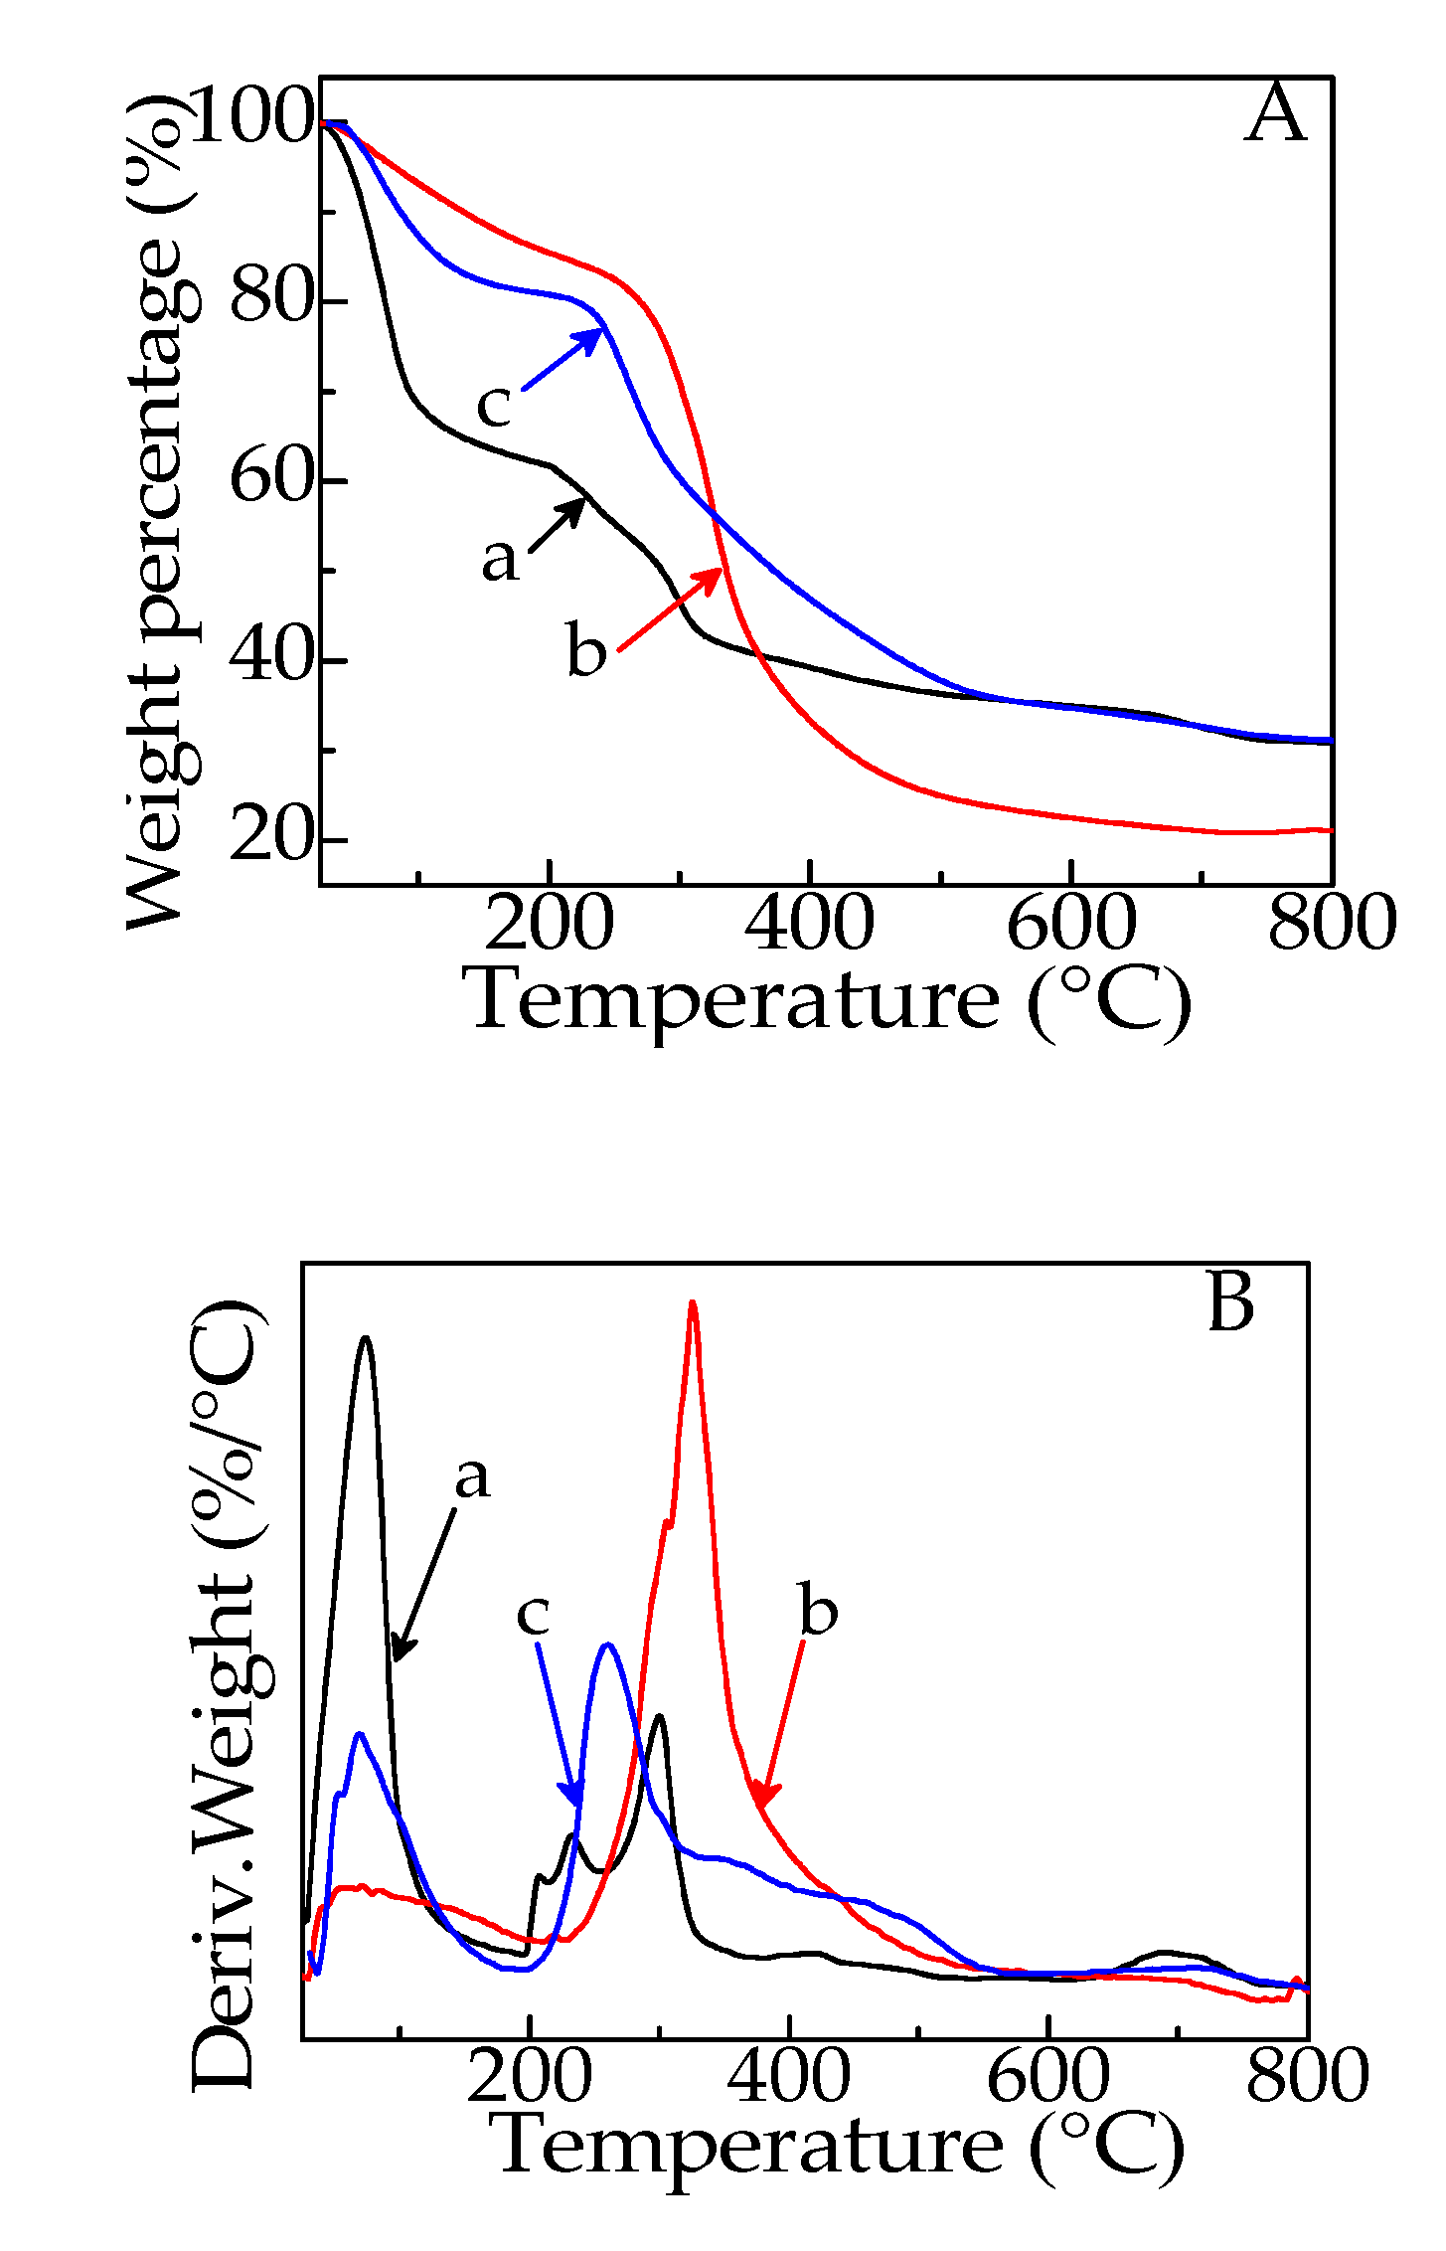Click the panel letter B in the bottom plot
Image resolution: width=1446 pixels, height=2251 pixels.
coord(1230,1302)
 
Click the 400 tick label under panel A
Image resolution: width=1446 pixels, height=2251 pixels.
coord(809,923)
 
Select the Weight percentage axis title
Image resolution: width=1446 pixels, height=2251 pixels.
coord(159,512)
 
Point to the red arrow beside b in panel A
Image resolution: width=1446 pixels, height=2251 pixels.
coord(669,610)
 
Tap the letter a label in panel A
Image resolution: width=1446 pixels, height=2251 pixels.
coord(500,559)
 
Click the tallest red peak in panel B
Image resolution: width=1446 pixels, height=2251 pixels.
coord(692,1304)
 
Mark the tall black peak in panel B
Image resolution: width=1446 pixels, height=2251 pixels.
coord(366,1340)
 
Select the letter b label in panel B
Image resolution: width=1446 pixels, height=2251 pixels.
coord(818,1611)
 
